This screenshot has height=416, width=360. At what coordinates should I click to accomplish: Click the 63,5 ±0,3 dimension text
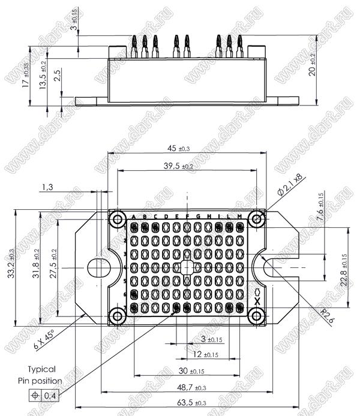(188, 402)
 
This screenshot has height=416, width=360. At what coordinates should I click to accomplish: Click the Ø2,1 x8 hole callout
(290, 186)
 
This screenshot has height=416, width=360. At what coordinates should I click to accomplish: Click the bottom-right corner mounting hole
(256, 315)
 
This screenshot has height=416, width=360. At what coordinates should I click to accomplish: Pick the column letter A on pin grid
(133, 216)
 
